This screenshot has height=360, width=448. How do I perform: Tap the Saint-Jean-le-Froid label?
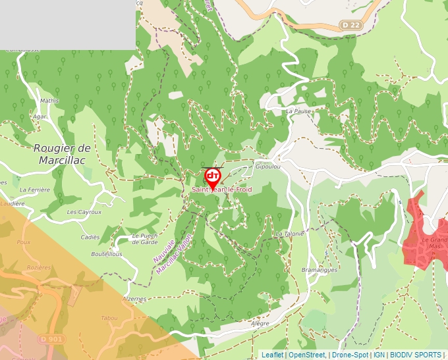(x=222, y=190)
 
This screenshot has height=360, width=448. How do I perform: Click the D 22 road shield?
(x=352, y=25)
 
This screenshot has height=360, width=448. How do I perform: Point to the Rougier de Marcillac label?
(x=63, y=154)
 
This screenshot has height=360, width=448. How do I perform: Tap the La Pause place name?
(x=298, y=111)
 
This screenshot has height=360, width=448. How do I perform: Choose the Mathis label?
(x=49, y=101)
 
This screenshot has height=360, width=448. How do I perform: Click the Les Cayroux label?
(x=84, y=213)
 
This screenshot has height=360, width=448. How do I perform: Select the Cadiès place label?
(x=90, y=237)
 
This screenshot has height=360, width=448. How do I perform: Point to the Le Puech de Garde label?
(x=145, y=238)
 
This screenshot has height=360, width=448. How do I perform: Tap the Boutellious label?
(x=107, y=254)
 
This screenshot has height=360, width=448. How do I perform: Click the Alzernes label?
(x=134, y=298)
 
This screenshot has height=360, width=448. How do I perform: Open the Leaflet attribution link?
(x=272, y=355)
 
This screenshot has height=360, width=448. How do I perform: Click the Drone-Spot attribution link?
(x=350, y=355)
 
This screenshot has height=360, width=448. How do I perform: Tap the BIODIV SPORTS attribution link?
(x=416, y=355)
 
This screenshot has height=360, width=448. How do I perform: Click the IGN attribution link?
(x=379, y=355)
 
